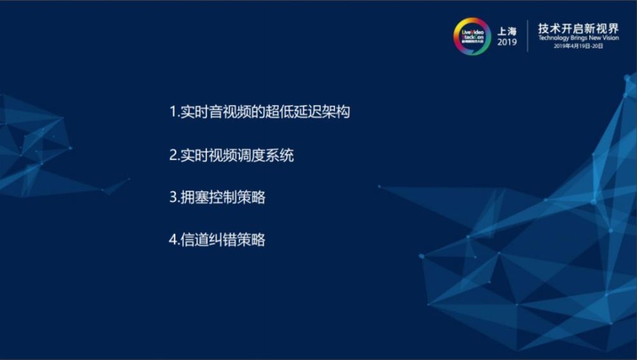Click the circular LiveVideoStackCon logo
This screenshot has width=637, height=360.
tap(472, 36)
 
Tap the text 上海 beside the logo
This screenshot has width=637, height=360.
tap(507, 31)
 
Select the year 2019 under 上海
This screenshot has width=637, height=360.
tap(507, 42)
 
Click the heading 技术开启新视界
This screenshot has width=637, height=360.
tap(578, 29)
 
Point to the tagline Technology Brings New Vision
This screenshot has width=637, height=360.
tap(578, 38)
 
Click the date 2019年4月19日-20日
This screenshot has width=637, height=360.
tap(578, 46)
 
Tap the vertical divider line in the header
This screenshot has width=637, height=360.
tap(527, 36)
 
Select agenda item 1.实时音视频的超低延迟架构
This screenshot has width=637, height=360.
tap(260, 112)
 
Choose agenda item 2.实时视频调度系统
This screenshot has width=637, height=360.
tap(231, 155)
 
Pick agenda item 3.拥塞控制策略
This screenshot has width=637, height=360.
tap(217, 198)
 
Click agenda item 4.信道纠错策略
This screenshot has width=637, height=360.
tap(217, 240)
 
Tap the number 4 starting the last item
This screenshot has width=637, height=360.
tap(173, 240)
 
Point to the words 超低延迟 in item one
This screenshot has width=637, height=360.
tap(293, 112)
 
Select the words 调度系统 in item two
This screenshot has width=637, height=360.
tap(265, 155)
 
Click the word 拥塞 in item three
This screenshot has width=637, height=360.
tap(194, 198)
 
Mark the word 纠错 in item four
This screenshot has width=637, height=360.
tap(223, 240)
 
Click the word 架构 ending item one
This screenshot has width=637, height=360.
tap(336, 112)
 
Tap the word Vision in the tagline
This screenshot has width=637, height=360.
tap(610, 38)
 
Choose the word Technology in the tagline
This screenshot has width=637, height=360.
tap(553, 38)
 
